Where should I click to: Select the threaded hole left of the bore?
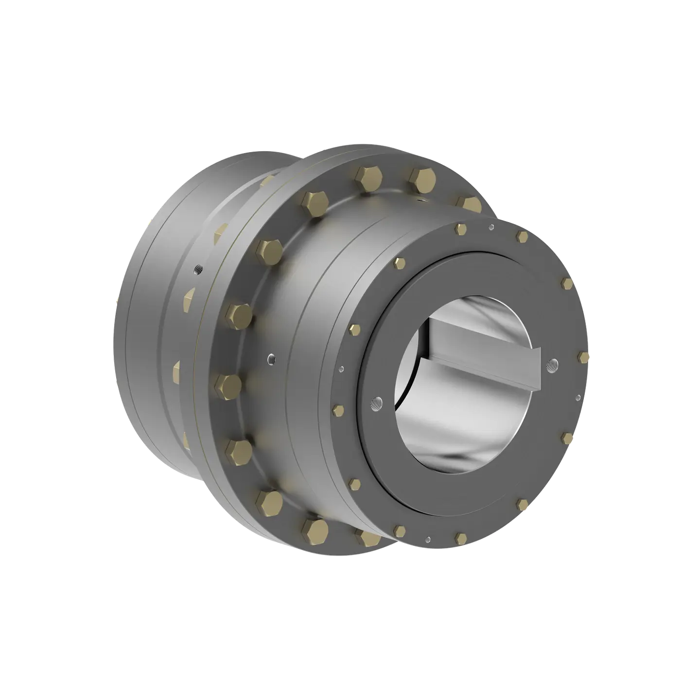coord(375,403)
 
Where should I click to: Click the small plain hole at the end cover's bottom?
coord(427,539)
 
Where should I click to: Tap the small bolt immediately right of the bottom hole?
coord(460,537)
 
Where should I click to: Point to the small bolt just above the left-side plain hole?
coord(354,330)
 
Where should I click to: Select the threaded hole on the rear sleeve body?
coord(197,269)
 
